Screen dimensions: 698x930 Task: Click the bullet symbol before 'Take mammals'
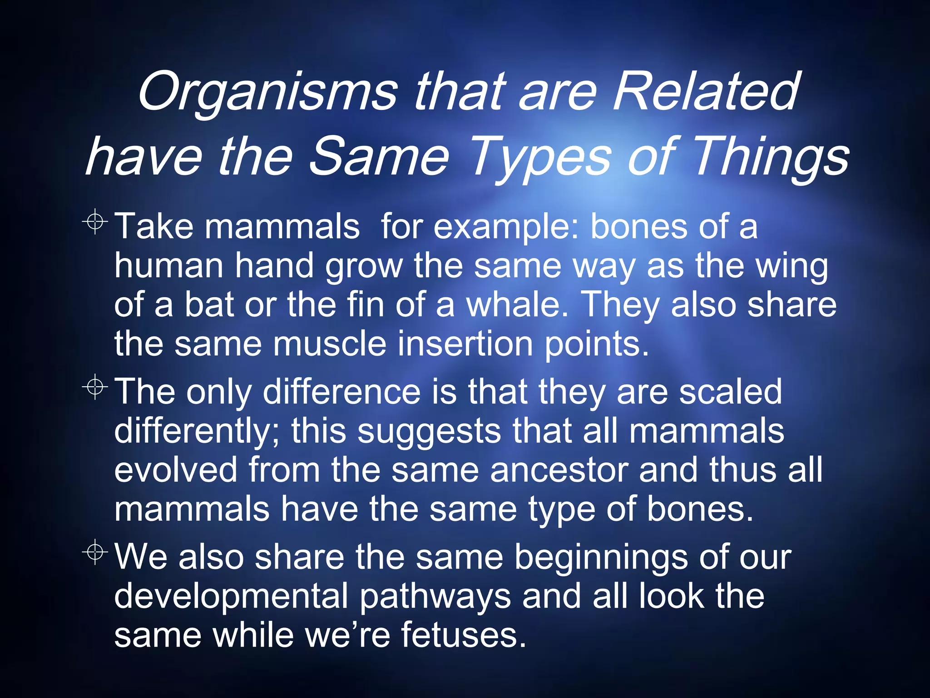point(95,222)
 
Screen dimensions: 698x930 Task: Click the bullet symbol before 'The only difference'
point(95,387)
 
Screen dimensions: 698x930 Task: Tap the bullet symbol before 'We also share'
point(95,553)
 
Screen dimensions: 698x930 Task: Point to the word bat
point(209,305)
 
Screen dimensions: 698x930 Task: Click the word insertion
point(465,344)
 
